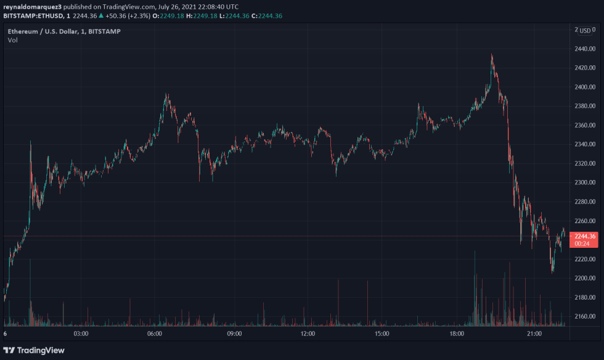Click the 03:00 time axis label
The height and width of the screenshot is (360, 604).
81,333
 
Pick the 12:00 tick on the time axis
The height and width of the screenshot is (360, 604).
308,333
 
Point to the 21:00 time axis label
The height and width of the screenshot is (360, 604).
534,333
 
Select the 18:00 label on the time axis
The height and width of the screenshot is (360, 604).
457,333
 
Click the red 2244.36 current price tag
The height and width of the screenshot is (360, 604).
584,236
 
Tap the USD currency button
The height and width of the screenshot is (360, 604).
585,30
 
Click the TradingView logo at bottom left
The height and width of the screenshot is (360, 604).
34,350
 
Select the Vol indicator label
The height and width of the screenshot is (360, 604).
12,40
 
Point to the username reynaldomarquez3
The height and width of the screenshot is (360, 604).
33,6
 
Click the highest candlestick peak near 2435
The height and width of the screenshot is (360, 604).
491,55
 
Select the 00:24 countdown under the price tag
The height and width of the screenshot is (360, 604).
582,243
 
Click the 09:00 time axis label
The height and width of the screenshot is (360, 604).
234,333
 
